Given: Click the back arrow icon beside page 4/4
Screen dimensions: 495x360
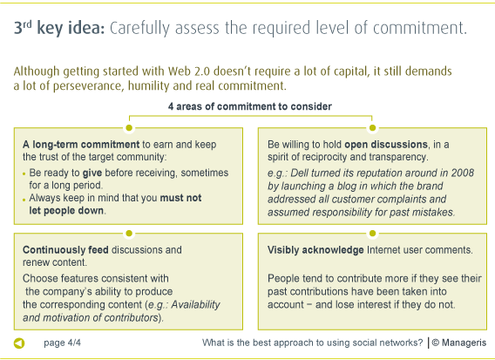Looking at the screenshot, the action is point(19,343).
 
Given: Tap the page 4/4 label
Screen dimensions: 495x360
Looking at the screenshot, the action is point(62,343).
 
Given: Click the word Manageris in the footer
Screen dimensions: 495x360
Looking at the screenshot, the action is point(464,343).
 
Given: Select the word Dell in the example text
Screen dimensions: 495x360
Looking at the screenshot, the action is point(299,173).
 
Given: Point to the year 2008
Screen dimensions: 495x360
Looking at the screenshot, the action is point(462,173).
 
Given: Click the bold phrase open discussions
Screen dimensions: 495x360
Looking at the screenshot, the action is point(386,145).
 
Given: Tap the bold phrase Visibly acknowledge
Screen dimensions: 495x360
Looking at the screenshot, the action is point(315,250).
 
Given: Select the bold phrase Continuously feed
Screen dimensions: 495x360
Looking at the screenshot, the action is point(65,250).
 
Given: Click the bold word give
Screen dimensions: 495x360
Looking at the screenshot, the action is point(92,173).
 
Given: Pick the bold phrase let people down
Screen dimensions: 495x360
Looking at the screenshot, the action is point(66,210).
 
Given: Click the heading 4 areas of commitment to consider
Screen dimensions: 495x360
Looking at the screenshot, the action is point(250,106).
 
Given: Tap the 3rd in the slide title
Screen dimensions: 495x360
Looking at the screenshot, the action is point(23,28).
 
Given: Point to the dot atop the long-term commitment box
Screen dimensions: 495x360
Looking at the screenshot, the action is point(129,127).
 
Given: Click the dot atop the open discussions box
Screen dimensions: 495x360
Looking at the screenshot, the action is point(372,127).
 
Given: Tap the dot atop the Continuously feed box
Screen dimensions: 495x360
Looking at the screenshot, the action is point(129,233).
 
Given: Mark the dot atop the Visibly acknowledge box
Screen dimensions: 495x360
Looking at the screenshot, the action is point(372,233).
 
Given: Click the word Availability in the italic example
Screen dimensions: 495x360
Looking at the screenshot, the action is point(195,305).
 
